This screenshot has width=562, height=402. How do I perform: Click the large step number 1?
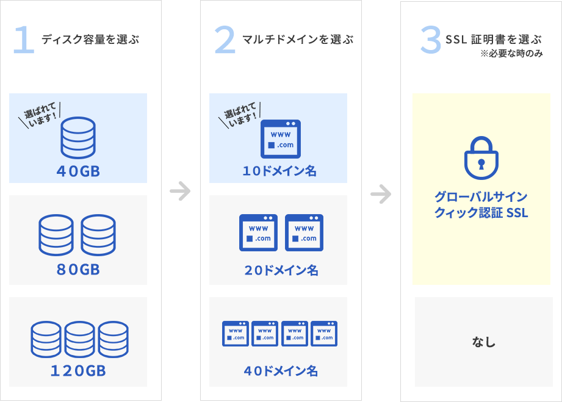pos(24,40)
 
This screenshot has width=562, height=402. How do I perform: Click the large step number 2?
pos(225,40)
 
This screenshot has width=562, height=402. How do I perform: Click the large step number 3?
pos(430,40)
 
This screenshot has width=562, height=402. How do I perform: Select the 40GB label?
pos(78,171)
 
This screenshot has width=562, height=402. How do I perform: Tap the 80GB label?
pos(78,269)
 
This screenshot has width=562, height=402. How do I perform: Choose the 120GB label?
pos(78,370)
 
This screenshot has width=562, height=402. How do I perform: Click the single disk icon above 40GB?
pos(78,138)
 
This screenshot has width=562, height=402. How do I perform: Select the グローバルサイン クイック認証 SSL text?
pos(481,205)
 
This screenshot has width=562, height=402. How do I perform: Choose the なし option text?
pos(484,342)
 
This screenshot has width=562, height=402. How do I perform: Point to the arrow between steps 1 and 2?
pos(180,191)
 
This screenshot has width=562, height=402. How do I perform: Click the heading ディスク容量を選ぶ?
pos(90,40)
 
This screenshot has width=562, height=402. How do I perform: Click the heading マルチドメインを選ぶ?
pos(298,40)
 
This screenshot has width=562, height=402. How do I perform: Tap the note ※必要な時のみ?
pos(512,54)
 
